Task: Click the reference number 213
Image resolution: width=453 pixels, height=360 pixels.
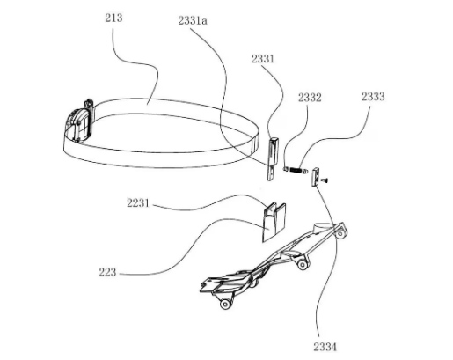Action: coord(113,18)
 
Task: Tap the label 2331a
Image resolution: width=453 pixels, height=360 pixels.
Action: coord(193,21)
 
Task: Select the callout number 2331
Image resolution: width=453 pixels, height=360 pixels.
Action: coord(262,59)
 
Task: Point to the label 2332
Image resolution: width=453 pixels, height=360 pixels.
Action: coord(310,98)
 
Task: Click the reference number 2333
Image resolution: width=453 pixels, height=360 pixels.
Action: coord(373,97)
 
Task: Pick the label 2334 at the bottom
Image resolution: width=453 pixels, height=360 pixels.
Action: coord(325,347)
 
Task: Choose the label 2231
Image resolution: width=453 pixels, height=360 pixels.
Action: coord(138,203)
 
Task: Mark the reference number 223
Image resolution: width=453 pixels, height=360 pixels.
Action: coord(107,272)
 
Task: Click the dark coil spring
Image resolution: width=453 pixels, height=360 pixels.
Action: coord(296,170)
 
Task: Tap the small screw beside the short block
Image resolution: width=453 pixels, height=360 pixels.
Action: coord(325,180)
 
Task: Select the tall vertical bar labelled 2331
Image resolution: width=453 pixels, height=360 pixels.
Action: coord(273,158)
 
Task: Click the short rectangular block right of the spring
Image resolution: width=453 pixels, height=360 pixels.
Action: coord(315,176)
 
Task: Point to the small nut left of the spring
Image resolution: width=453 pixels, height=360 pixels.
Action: coord(285,169)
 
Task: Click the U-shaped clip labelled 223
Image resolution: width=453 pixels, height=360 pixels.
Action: coord(274,222)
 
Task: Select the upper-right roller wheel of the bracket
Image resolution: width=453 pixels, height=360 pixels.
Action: coord(340,233)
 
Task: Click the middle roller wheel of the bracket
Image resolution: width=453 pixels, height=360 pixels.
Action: coord(303,265)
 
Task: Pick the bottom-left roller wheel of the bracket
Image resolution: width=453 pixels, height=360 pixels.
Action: coord(225,304)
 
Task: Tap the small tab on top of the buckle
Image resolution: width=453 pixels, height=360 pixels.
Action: coord(89,104)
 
